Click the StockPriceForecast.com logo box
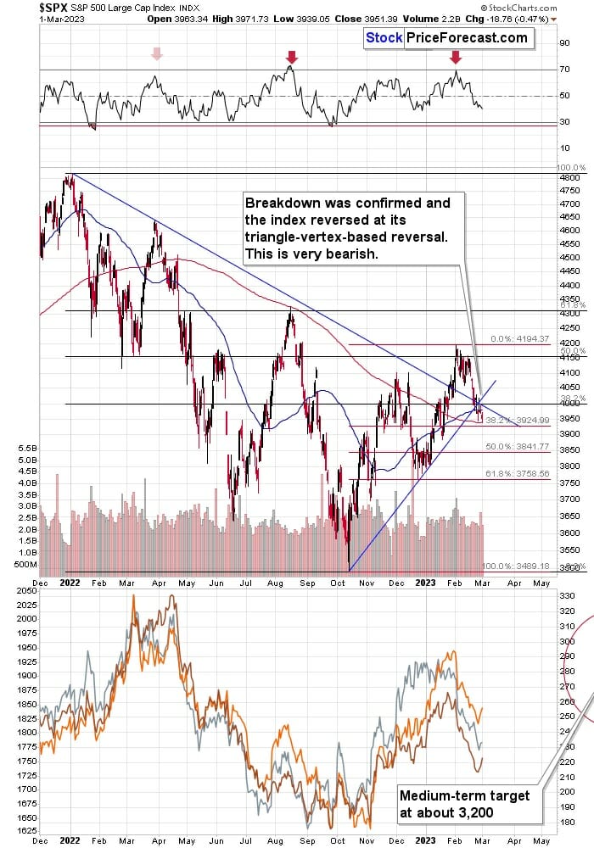point(447,37)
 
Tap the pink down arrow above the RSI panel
point(155,55)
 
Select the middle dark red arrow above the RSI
point(292,58)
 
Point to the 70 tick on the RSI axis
point(564,70)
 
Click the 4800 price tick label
point(569,178)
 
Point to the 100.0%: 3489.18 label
point(509,566)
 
